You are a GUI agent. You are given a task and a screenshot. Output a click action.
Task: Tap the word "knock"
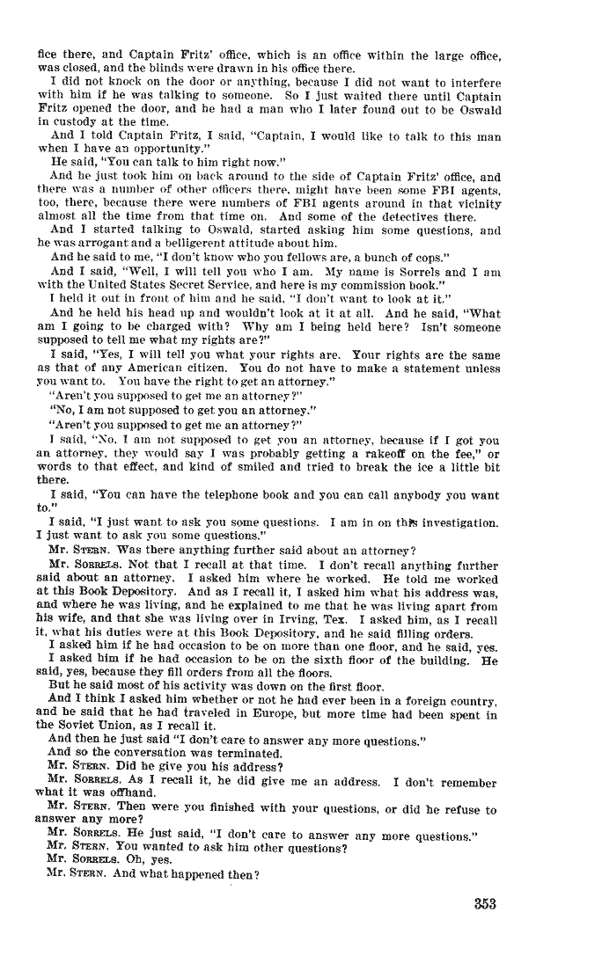pyautogui.click(x=108, y=81)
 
